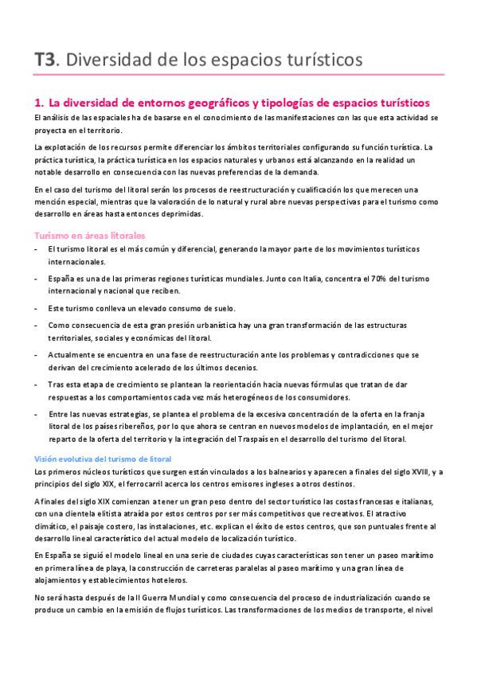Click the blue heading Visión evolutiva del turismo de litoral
[x=108, y=459]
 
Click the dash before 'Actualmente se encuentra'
[x=37, y=353]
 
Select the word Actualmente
[x=73, y=353]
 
